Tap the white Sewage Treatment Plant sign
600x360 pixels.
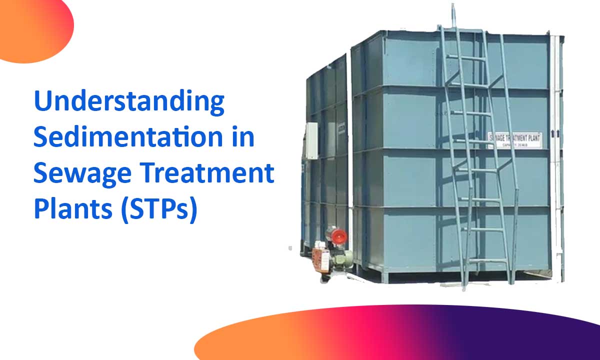click(x=514, y=140)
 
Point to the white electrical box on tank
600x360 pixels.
click(x=311, y=140)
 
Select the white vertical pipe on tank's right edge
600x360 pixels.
click(x=555, y=150)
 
